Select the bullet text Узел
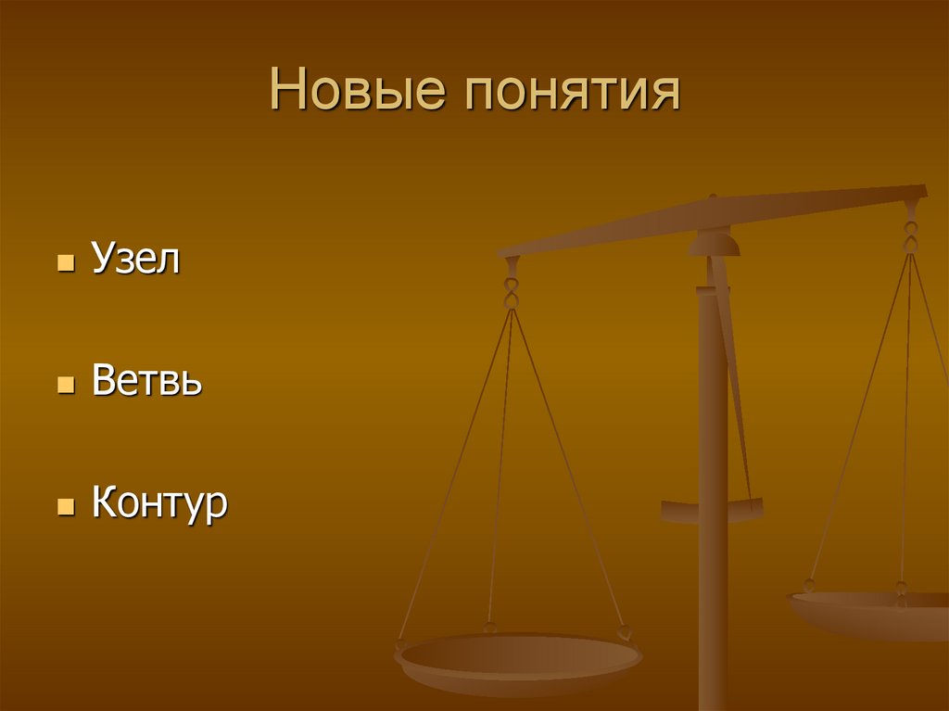coord(135,260)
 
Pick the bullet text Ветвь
coord(146,381)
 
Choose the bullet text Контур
coord(159,504)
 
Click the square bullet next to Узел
coord(65,263)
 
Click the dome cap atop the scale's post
coord(714,243)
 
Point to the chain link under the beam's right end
coord(911,235)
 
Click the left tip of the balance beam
coord(503,252)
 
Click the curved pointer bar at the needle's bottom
coord(712,509)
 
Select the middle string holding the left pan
coord(500,463)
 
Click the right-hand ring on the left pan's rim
coord(624,633)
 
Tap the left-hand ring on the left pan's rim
coord(401,641)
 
